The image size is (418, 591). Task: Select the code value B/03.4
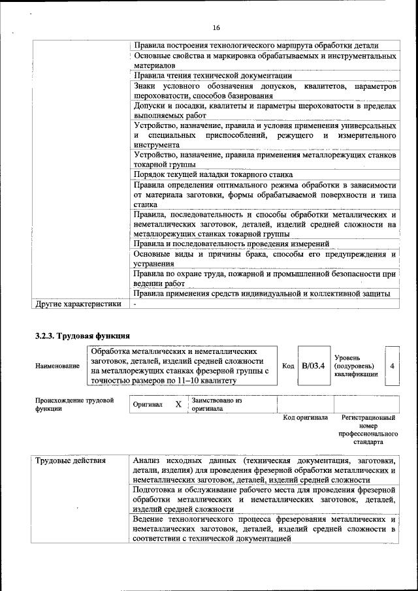tap(313, 366)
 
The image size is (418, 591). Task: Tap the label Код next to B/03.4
tap(288, 366)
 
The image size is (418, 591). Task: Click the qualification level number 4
tap(392, 366)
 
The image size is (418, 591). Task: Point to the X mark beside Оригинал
tap(178, 404)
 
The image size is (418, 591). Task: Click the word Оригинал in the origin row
tap(148, 405)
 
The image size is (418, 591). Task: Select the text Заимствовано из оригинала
tap(217, 404)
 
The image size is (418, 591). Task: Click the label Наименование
tap(57, 366)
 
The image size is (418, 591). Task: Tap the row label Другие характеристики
tap(78, 304)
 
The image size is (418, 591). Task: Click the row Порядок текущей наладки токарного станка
tap(222, 174)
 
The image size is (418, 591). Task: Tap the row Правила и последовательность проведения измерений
tap(240, 244)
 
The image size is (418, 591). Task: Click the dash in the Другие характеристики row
tap(135, 304)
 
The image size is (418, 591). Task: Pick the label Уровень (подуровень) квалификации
tap(356, 366)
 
